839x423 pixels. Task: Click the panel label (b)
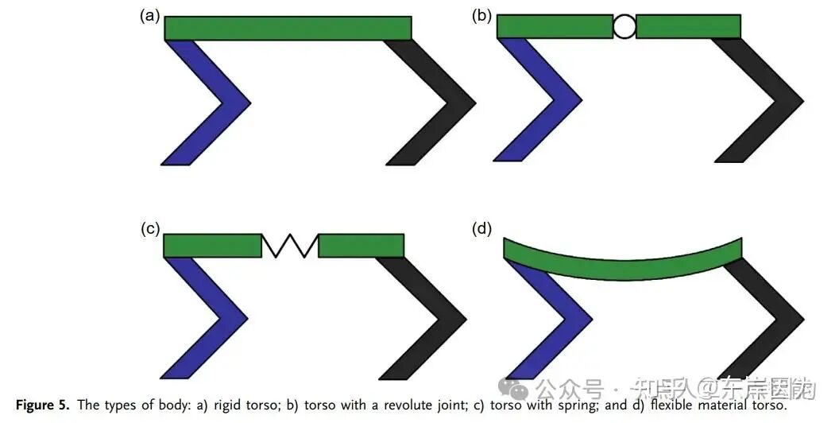pyautogui.click(x=482, y=16)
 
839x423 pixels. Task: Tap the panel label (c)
pyautogui.click(x=150, y=230)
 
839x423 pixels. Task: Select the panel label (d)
pyautogui.click(x=482, y=230)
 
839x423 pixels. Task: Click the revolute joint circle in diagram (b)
pyautogui.click(x=624, y=27)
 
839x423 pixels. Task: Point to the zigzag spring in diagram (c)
pyautogui.click(x=290, y=246)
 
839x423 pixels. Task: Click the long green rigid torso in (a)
pyautogui.click(x=288, y=28)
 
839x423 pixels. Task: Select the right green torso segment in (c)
pyautogui.click(x=361, y=246)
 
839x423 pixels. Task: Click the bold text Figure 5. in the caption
pyautogui.click(x=42, y=406)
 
